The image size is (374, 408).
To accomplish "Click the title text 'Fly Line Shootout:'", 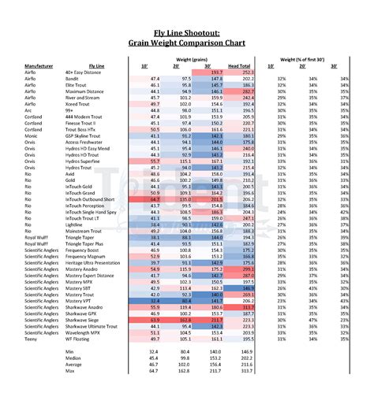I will (x=187, y=32).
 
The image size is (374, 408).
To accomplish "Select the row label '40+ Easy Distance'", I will (x=85, y=72).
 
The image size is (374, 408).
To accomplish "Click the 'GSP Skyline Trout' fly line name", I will (x=85, y=136).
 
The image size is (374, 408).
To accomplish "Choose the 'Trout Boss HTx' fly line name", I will (x=84, y=130).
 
